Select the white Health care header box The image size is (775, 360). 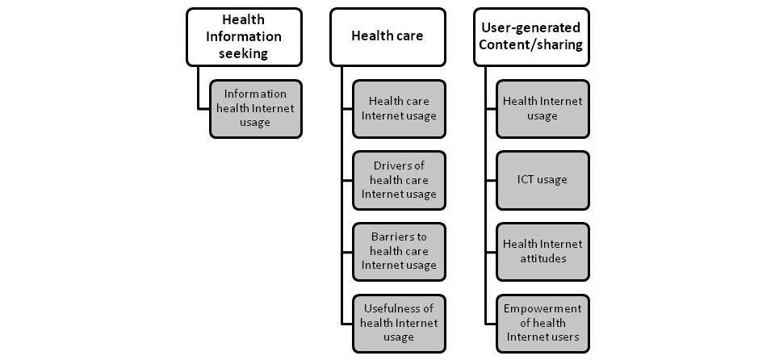tap(387, 36)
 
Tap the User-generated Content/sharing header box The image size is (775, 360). tap(530, 36)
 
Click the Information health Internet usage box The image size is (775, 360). tap(255, 108)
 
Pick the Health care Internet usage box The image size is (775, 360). tap(399, 108)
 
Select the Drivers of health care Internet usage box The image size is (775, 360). tap(399, 179)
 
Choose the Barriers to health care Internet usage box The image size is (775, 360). tap(399, 250)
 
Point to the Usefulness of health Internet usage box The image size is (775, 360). tap(399, 322)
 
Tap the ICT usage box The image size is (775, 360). tap(542, 179)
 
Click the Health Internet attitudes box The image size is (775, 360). tap(542, 250)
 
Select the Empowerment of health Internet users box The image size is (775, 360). tap(542, 322)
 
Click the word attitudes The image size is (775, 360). tap(542, 258)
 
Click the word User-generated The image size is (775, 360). tap(530, 28)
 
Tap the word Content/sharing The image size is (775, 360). tap(530, 45)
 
